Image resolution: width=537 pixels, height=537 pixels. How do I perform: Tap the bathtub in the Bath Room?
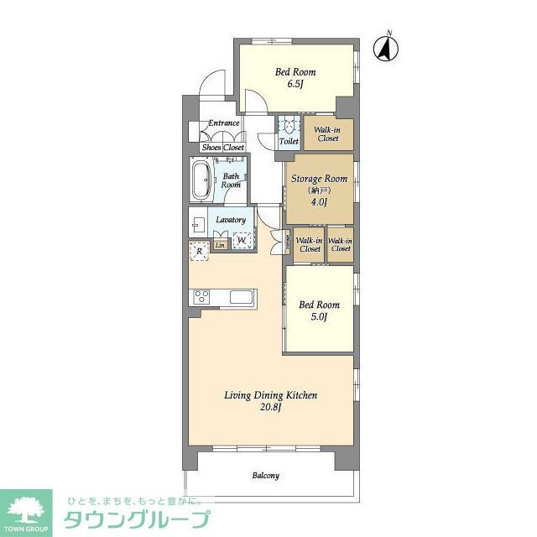201,180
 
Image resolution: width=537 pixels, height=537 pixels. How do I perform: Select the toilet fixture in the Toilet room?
289,128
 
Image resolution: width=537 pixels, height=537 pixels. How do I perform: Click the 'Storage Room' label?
319,179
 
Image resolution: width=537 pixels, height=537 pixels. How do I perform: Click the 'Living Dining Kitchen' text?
269,395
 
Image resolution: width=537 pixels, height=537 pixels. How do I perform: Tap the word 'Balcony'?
266,476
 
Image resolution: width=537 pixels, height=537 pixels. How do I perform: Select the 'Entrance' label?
224,123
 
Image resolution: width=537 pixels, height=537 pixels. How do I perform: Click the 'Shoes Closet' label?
222,147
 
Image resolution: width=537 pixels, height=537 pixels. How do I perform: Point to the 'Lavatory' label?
231,220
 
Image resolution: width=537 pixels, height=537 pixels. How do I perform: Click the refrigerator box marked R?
200,251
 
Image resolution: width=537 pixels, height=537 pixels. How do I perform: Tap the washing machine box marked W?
242,242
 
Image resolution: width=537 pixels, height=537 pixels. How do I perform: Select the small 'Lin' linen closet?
220,245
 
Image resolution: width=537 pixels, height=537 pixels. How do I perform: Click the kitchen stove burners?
202,296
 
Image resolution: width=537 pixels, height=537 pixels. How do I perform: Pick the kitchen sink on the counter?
241,297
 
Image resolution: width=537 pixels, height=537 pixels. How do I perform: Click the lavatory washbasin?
199,225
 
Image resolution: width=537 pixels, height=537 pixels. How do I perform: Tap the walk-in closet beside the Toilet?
327,134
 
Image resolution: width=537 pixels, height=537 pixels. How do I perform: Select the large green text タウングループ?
133,519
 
